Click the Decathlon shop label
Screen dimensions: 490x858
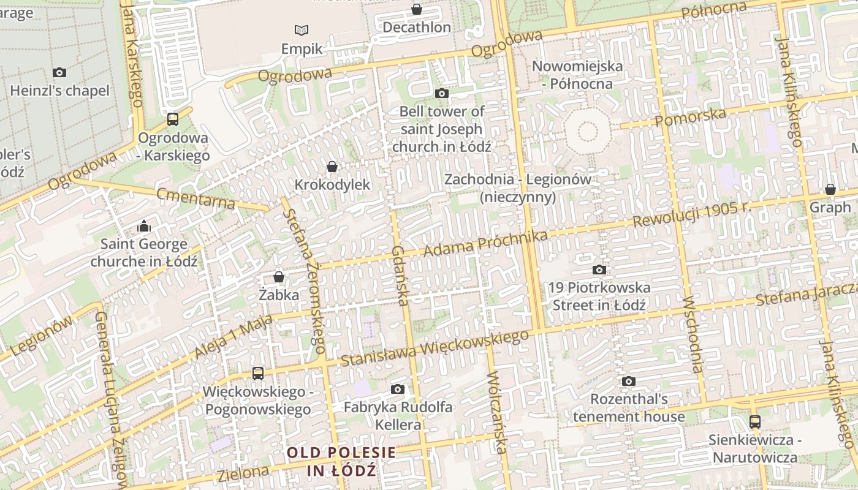point(417,28)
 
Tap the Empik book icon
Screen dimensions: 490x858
point(302,29)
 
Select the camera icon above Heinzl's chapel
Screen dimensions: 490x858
point(59,72)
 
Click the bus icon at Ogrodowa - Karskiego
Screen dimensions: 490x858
point(173,119)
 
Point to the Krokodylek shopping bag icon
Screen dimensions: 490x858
point(332,167)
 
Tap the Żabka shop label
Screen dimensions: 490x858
point(279,295)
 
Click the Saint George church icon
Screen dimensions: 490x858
point(144,226)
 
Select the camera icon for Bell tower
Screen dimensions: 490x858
point(441,93)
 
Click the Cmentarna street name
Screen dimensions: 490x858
point(196,198)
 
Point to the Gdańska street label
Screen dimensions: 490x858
point(400,275)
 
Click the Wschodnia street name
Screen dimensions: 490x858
point(692,334)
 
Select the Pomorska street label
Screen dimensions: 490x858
point(691,117)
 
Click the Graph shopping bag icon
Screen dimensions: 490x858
point(830,189)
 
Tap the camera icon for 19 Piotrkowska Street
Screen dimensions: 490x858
point(599,269)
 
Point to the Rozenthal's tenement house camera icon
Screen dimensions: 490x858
point(628,381)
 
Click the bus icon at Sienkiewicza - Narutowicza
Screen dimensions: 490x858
point(755,421)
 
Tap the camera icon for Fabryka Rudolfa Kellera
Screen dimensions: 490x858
point(398,389)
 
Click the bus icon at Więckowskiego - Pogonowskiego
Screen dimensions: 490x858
point(258,373)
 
